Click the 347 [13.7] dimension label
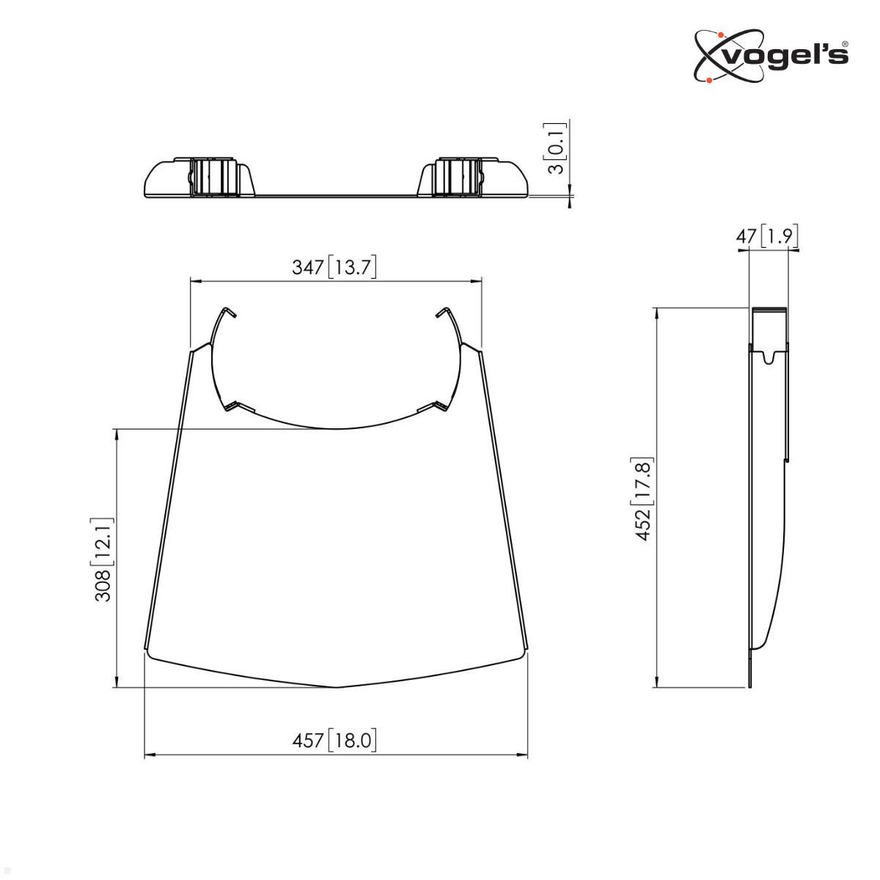pyautogui.click(x=334, y=267)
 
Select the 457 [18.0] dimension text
pyautogui.click(x=334, y=741)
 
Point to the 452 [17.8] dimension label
pyautogui.click(x=643, y=499)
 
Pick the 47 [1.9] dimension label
pyautogui.click(x=766, y=236)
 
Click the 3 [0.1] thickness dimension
pyautogui.click(x=557, y=148)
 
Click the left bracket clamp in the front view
pyautogui.click(x=213, y=177)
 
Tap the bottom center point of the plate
pyautogui.click(x=336, y=687)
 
